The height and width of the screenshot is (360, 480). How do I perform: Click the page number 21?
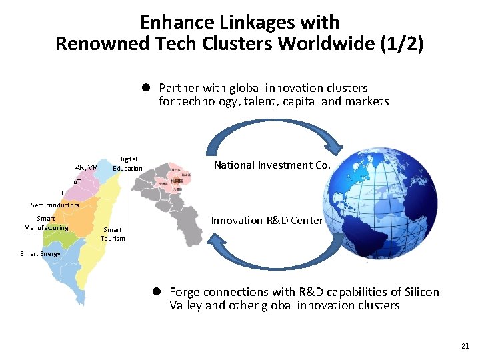pos(465,346)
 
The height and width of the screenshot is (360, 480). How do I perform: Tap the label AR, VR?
pos(86,167)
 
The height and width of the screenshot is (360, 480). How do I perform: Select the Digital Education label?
pos(127,163)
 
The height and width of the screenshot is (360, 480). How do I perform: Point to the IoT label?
pos(78,181)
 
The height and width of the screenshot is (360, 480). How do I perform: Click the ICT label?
pos(64,193)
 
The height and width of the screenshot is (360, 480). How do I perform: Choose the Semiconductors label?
pos(55,205)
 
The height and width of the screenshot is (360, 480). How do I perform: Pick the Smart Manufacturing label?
pos(46,223)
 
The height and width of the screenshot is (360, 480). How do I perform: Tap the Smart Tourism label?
pos(113,234)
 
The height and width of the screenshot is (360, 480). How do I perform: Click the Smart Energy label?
pos(40,253)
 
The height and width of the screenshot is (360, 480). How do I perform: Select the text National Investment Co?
pos(272,165)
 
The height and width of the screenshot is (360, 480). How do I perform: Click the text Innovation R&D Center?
pos(267,221)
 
